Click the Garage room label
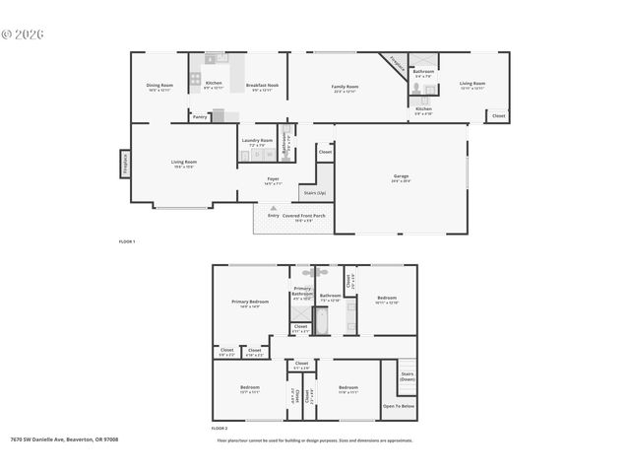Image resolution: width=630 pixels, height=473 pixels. (401, 176)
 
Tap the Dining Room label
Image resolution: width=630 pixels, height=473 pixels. (160, 85)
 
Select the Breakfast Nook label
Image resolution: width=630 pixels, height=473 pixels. (262, 85)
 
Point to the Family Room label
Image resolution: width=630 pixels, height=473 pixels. (345, 87)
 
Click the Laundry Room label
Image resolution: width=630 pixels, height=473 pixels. (259, 141)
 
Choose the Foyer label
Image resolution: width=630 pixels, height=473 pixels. (273, 178)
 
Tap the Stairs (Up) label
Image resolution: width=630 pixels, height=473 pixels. (314, 194)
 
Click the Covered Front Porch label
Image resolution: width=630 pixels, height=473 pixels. (303, 215)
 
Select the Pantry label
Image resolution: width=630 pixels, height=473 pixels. (200, 116)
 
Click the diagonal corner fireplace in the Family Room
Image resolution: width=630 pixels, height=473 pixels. (395, 62)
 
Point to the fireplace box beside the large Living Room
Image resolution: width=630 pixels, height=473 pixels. (125, 163)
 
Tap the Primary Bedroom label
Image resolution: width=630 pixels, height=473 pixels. (250, 302)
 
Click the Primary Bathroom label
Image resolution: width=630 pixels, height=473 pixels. (302, 291)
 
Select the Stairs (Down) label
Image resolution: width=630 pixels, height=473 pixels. (407, 375)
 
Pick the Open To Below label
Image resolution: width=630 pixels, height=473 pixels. (399, 406)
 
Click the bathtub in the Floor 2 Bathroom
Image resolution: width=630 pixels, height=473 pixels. (330, 322)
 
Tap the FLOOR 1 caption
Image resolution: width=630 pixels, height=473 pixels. (126, 241)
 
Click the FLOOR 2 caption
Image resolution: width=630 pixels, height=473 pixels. (219, 429)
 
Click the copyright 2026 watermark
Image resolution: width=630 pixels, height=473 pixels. (23, 34)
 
